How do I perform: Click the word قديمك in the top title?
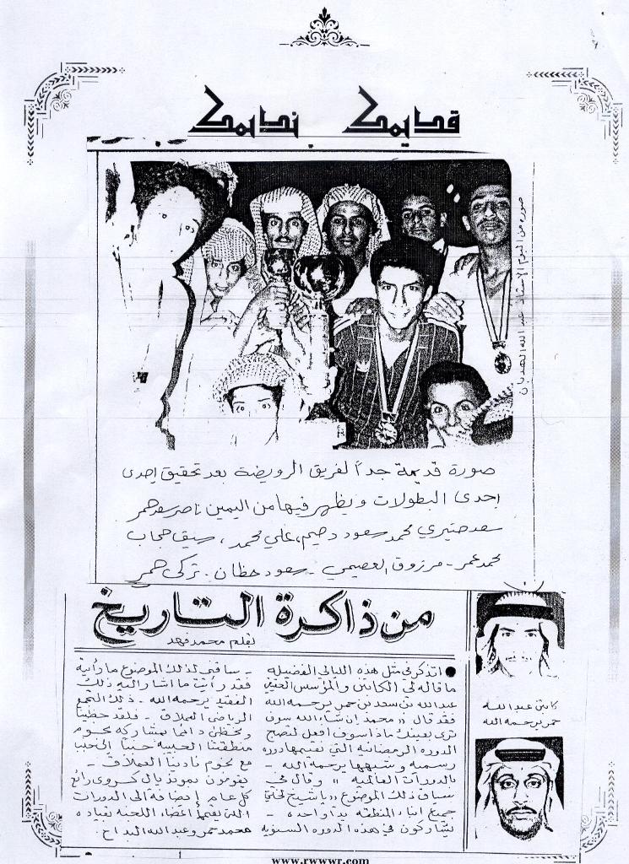pos(414,115)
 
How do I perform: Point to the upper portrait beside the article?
pos(518,634)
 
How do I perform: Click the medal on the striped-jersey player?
pos(385,430)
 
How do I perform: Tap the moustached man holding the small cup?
pos(284,224)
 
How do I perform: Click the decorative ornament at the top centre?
pos(323,30)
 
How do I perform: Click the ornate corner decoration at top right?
pos(577,101)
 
